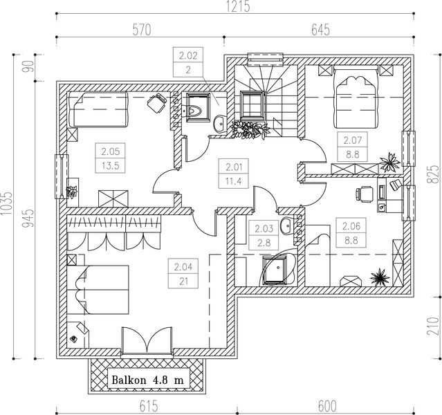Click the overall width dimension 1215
(x=238, y=6)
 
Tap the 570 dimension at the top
(x=142, y=30)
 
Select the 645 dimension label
(x=320, y=30)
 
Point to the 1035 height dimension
(x=7, y=203)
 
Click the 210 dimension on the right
(x=433, y=326)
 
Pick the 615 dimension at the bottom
(x=149, y=406)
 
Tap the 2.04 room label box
(x=183, y=273)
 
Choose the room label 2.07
(x=352, y=147)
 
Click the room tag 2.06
(x=351, y=233)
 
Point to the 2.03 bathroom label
(x=264, y=235)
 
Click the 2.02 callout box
(x=188, y=62)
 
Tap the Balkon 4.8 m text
(x=148, y=380)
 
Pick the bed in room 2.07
(x=356, y=97)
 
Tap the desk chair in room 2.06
(x=364, y=194)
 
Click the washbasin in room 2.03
(x=288, y=225)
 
